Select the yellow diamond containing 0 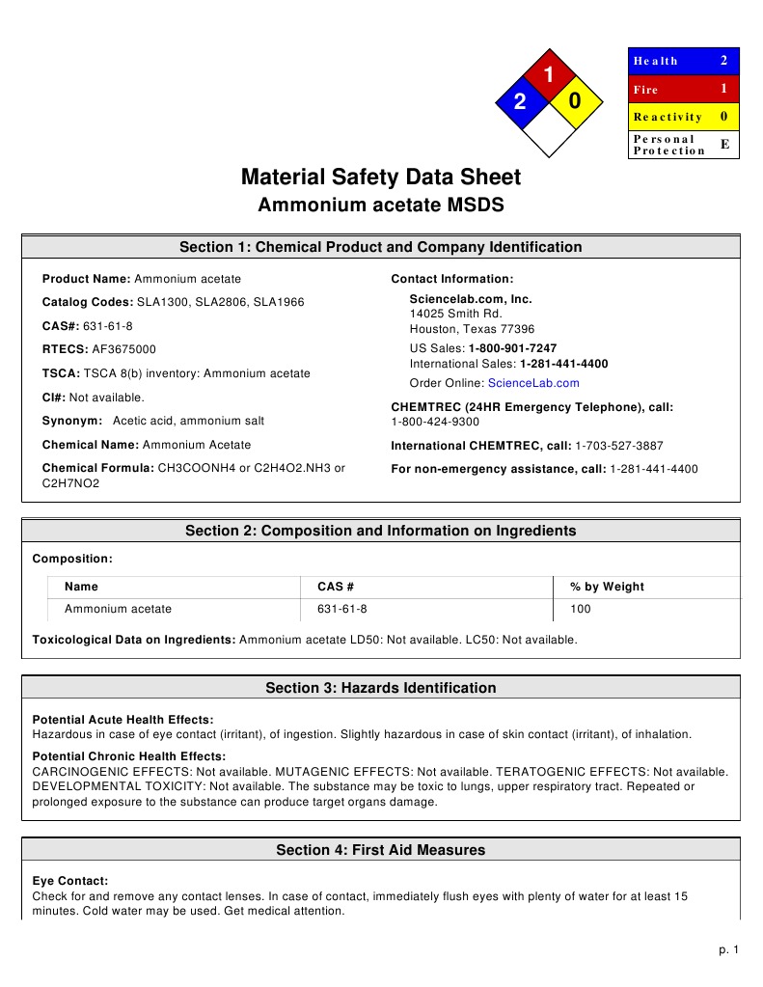click(575, 101)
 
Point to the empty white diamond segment click(548, 129)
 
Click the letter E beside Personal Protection click(724, 144)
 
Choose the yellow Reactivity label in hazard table click(668, 117)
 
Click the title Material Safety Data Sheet click(380, 178)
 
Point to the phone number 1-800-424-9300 click(435, 422)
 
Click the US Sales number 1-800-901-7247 click(512, 348)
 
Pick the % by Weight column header click(607, 587)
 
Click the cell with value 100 click(581, 609)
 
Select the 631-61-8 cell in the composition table click(341, 609)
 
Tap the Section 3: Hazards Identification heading click(380, 688)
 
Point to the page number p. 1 click(729, 951)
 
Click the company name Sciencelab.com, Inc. click(471, 299)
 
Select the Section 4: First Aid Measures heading click(380, 850)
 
